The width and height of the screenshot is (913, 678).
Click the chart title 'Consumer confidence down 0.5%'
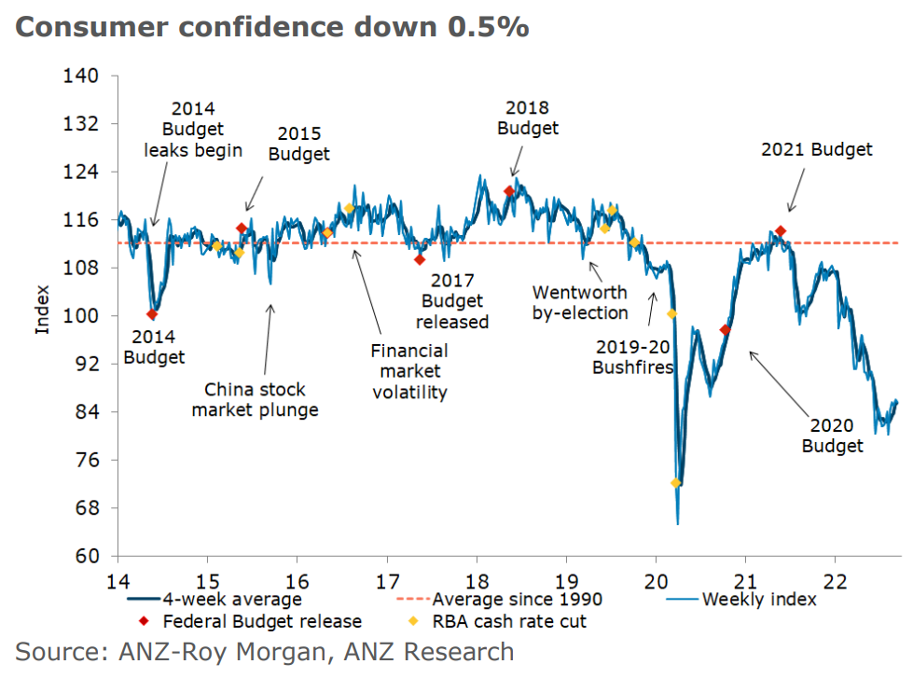pos(272,27)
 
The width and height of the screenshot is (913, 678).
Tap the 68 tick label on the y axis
pos(85,508)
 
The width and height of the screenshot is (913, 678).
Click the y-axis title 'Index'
pos(43,316)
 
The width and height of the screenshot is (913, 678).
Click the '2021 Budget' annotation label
pos(816,149)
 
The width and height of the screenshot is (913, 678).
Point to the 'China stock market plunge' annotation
pos(255,399)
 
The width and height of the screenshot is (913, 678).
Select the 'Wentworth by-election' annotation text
pos(580,301)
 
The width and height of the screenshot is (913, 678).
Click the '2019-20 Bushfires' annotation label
pos(632,356)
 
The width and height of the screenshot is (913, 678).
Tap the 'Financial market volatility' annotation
pos(409,371)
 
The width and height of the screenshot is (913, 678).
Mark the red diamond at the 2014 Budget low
pos(152,314)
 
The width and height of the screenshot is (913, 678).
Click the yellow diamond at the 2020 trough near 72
pos(676,483)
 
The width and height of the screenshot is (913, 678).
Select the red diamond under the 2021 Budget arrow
pos(781,231)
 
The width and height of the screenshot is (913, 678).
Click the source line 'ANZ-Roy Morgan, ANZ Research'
pos(264,651)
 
